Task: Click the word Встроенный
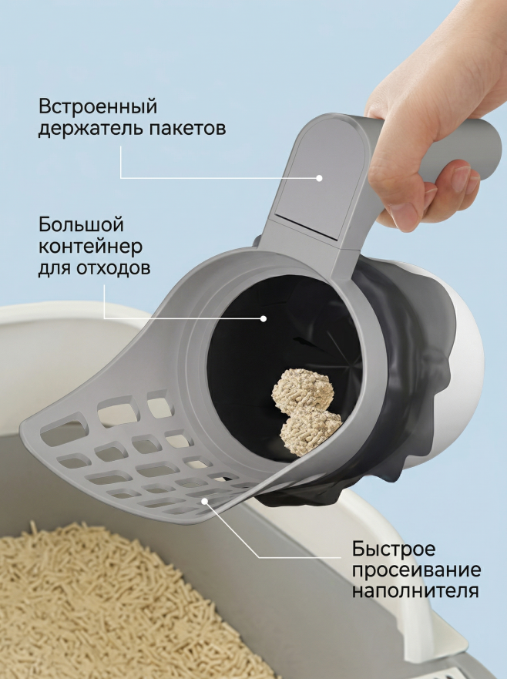pyautogui.click(x=98, y=106)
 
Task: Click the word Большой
pyautogui.click(x=82, y=224)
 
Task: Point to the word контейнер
pyautogui.click(x=90, y=247)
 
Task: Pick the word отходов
pyautogui.click(x=113, y=267)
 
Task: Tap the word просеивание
pyautogui.click(x=416, y=570)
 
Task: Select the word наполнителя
pyautogui.click(x=415, y=591)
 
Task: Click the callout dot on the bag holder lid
pyautogui.click(x=319, y=178)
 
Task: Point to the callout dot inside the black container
pyautogui.click(x=263, y=319)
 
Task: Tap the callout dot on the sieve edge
pyautogui.click(x=205, y=501)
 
